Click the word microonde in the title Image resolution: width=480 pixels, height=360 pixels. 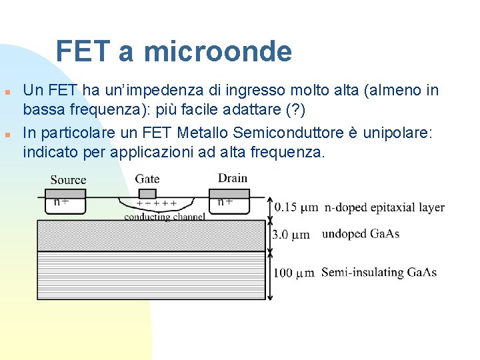217,51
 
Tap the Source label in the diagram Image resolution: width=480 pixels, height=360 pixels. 68,179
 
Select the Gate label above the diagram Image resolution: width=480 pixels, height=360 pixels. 147,179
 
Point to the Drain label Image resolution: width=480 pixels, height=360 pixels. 232,178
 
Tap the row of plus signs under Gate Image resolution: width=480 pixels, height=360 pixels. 157,204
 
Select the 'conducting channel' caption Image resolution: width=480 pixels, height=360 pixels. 164,217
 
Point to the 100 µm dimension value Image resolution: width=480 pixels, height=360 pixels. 294,273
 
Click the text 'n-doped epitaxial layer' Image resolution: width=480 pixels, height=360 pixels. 385,207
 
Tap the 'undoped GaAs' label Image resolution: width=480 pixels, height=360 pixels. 360,234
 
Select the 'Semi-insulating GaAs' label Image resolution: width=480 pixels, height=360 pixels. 379,272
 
